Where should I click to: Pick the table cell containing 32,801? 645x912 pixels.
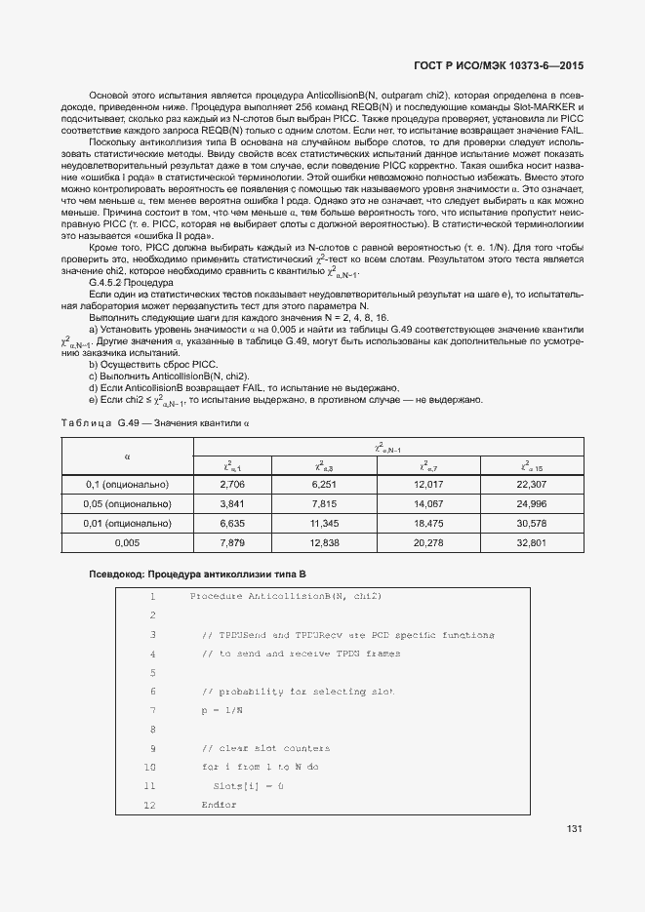[531, 542]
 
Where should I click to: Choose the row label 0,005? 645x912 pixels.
[128, 542]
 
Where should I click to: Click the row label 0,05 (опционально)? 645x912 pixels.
[128, 503]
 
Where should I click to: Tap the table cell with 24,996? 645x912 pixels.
[531, 503]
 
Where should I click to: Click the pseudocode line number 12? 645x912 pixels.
[149, 806]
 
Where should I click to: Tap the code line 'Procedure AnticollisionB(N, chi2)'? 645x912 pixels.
[285, 596]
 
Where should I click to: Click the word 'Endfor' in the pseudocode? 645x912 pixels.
[219, 806]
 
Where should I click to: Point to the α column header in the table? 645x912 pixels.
[128, 456]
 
